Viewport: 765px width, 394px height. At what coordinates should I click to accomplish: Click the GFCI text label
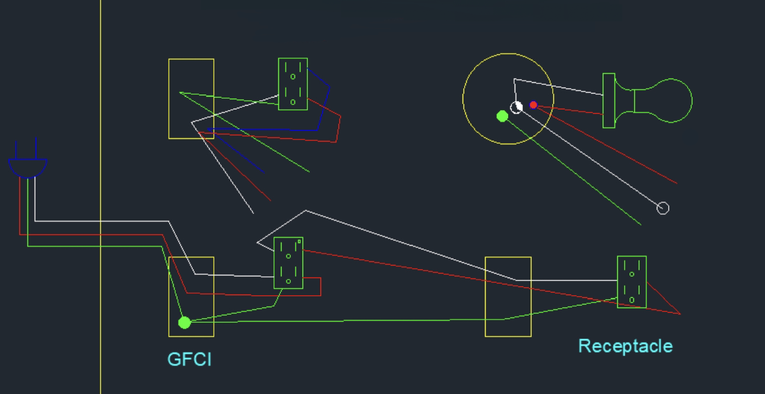[189, 359]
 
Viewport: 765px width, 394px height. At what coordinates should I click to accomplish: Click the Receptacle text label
[625, 346]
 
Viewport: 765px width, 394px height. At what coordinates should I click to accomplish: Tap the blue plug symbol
[28, 167]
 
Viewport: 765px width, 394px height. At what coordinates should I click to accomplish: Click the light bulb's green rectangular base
[608, 101]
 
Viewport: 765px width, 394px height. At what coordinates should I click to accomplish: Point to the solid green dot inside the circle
[503, 116]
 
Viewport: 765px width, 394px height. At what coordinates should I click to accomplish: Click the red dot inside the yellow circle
[533, 105]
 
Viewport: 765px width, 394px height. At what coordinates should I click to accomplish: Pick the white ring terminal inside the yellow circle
[517, 107]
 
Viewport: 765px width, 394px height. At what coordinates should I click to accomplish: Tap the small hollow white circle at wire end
[663, 208]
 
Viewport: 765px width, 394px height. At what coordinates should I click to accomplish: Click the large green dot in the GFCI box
[184, 323]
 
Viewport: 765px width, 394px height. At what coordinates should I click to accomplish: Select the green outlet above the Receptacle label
[631, 282]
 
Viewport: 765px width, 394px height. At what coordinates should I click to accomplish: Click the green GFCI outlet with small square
[288, 263]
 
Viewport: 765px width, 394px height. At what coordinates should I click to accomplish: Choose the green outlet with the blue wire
[293, 84]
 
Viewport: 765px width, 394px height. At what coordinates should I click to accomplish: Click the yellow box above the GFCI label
[191, 296]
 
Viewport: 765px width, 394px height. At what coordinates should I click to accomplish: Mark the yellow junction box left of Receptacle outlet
[508, 296]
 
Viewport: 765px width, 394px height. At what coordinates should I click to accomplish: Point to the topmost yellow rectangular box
[191, 98]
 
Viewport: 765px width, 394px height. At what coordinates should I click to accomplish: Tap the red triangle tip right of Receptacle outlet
[680, 314]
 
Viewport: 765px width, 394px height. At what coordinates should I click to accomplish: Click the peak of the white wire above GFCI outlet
[306, 211]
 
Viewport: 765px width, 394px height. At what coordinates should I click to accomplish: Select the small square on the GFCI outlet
[299, 242]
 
